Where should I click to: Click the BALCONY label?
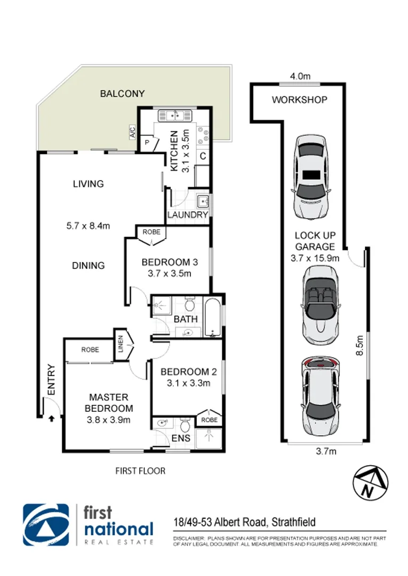point(122,94)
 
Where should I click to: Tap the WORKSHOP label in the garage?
point(299,100)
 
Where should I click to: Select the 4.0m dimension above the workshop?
point(299,76)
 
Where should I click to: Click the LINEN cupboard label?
point(121,346)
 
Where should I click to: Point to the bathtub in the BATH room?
point(212,318)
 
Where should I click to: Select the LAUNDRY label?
point(187,215)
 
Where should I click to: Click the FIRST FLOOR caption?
point(140,471)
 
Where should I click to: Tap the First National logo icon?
point(46,524)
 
